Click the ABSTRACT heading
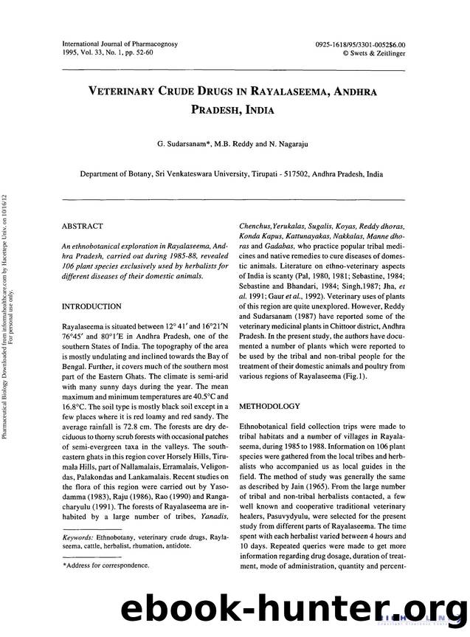click(83, 226)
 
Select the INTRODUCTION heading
click(91, 306)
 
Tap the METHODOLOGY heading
click(269, 406)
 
